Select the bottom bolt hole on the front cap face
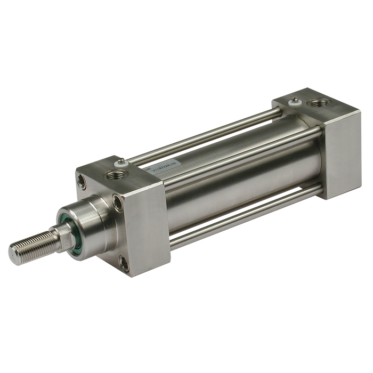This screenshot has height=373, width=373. point(124,261)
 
